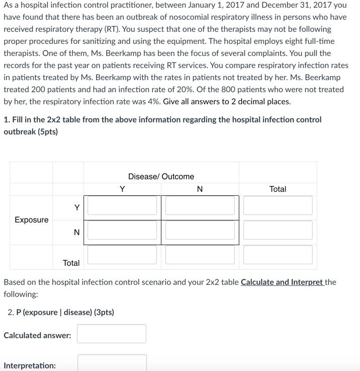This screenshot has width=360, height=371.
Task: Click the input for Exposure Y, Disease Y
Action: (x=122, y=205)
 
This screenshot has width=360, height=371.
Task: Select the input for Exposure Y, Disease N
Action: (x=200, y=205)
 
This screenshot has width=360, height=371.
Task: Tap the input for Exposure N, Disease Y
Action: (x=122, y=230)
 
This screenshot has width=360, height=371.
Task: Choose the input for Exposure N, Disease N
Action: (x=200, y=230)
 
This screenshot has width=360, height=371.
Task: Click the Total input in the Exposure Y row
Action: (x=278, y=205)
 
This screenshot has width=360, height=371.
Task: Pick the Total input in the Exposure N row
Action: (x=278, y=230)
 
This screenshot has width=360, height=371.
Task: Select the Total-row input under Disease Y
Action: (x=122, y=255)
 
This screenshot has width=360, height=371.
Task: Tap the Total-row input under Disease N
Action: (x=200, y=255)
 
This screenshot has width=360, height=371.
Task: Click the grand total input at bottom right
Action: (x=278, y=255)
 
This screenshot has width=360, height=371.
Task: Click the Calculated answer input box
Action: (x=112, y=334)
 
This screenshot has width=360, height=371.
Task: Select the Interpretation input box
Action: (x=112, y=363)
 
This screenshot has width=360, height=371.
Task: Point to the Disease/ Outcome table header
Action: (x=161, y=177)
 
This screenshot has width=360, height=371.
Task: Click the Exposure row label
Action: (x=32, y=220)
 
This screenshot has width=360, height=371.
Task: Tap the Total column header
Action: (x=278, y=189)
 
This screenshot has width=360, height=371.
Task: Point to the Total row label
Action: (x=71, y=263)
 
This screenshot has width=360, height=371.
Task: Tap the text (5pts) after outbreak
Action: (x=48, y=132)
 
